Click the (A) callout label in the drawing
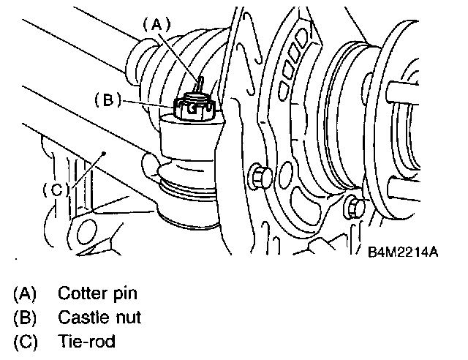point(156,23)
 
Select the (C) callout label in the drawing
point(55,189)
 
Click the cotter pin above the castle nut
point(198,80)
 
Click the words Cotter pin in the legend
point(98,294)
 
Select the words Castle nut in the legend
point(99,318)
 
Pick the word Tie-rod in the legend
point(86,341)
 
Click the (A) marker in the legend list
point(25,294)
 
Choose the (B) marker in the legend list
point(25,318)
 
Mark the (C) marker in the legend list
point(25,341)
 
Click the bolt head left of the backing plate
point(259,176)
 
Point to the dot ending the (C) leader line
point(105,152)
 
